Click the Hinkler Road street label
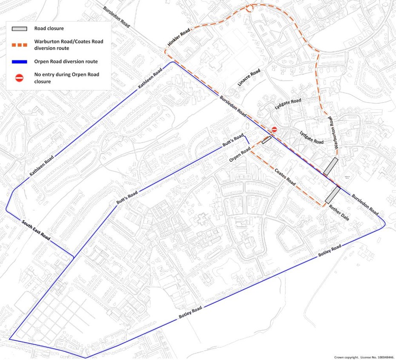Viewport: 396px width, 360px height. [x=178, y=38]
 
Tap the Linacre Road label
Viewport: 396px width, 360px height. [x=249, y=79]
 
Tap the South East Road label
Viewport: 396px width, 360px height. [x=36, y=230]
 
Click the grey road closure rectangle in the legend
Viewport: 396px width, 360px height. [x=19, y=29]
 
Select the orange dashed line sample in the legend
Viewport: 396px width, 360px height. [x=19, y=44]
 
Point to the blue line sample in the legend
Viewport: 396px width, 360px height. [x=19, y=61]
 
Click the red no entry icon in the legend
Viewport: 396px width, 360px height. [x=19, y=78]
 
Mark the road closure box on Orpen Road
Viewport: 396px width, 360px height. [x=267, y=140]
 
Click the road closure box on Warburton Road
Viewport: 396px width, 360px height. [x=330, y=166]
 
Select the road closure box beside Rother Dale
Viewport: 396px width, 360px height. [x=333, y=194]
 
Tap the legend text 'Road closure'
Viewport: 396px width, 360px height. [x=49, y=29]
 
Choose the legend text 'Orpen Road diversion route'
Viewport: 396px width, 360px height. [x=66, y=61]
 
